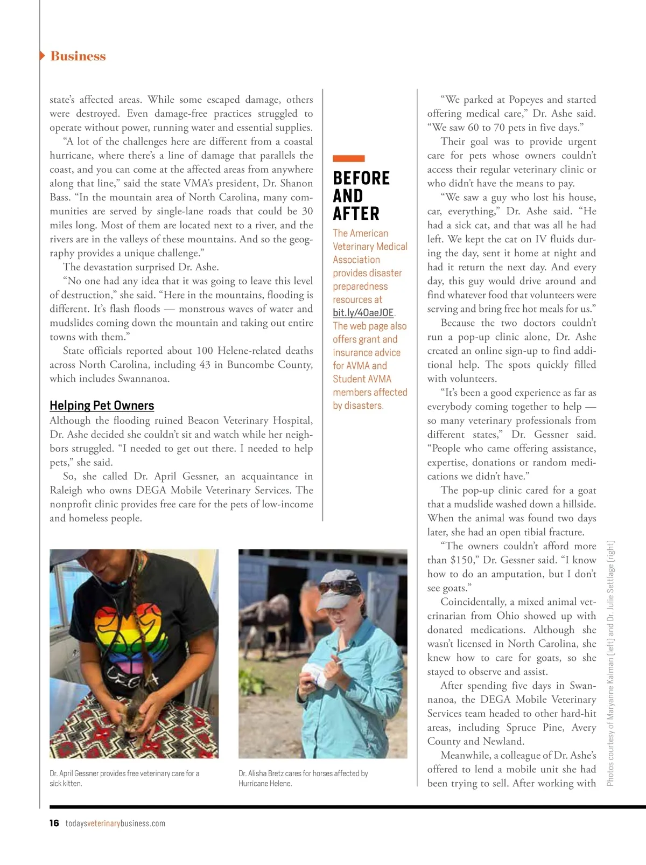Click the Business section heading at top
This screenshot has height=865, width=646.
click(78, 56)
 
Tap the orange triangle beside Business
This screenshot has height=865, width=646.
click(43, 56)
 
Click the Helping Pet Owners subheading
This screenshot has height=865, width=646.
click(102, 406)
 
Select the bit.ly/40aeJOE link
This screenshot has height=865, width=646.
click(363, 312)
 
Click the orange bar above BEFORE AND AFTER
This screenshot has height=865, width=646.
click(348, 158)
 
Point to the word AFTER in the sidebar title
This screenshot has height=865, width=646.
click(356, 214)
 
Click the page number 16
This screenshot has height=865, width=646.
click(54, 823)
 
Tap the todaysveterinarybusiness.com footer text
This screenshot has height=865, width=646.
click(115, 823)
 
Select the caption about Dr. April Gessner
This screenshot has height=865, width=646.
click(124, 778)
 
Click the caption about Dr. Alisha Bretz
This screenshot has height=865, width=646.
click(303, 778)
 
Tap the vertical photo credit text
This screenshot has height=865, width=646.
click(610, 662)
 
